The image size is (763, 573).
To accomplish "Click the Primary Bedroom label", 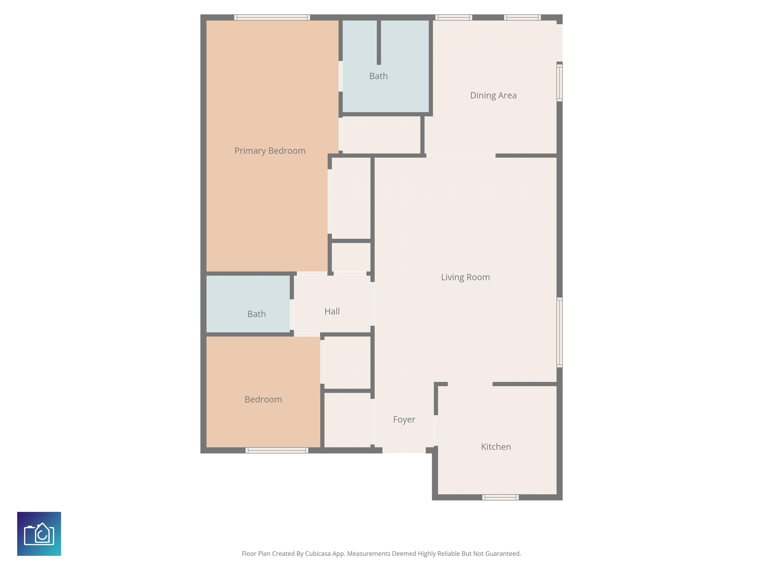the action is pyautogui.click(x=270, y=151).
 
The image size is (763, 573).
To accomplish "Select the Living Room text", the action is pyautogui.click(x=465, y=277).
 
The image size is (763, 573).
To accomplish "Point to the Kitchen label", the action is pyautogui.click(x=496, y=447).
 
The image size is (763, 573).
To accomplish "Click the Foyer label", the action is pyautogui.click(x=404, y=420).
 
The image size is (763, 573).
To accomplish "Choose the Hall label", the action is pyautogui.click(x=332, y=311).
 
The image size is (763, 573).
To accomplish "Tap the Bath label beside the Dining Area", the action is pyautogui.click(x=379, y=76).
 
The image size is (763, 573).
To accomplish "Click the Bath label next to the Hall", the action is pyautogui.click(x=256, y=314).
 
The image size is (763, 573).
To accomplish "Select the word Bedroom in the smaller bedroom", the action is pyautogui.click(x=263, y=399).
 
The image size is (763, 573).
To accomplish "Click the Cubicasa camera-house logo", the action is pyautogui.click(x=39, y=534).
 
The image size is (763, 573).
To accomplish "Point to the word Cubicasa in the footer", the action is pyautogui.click(x=318, y=554).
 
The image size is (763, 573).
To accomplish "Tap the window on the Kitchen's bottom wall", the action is pyautogui.click(x=500, y=497).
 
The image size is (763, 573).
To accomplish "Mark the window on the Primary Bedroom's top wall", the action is pyautogui.click(x=272, y=17).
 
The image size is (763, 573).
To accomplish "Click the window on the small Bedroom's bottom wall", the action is pyautogui.click(x=277, y=450).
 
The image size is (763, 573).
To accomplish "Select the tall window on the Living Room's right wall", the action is pyautogui.click(x=560, y=332).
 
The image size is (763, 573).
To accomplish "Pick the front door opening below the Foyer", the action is pyautogui.click(x=404, y=450).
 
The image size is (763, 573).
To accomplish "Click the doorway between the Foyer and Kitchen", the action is pyautogui.click(x=436, y=430).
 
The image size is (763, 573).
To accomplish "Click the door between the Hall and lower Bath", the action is pyautogui.click(x=292, y=315).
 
